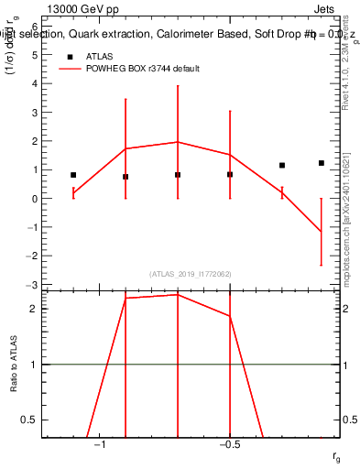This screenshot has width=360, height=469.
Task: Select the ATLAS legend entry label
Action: [100, 56]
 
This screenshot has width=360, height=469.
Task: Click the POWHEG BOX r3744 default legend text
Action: [143, 69]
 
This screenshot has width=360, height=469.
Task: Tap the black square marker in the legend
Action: [69, 57]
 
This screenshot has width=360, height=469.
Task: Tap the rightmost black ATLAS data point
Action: [322, 163]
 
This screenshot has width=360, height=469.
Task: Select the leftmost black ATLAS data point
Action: [73, 174]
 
